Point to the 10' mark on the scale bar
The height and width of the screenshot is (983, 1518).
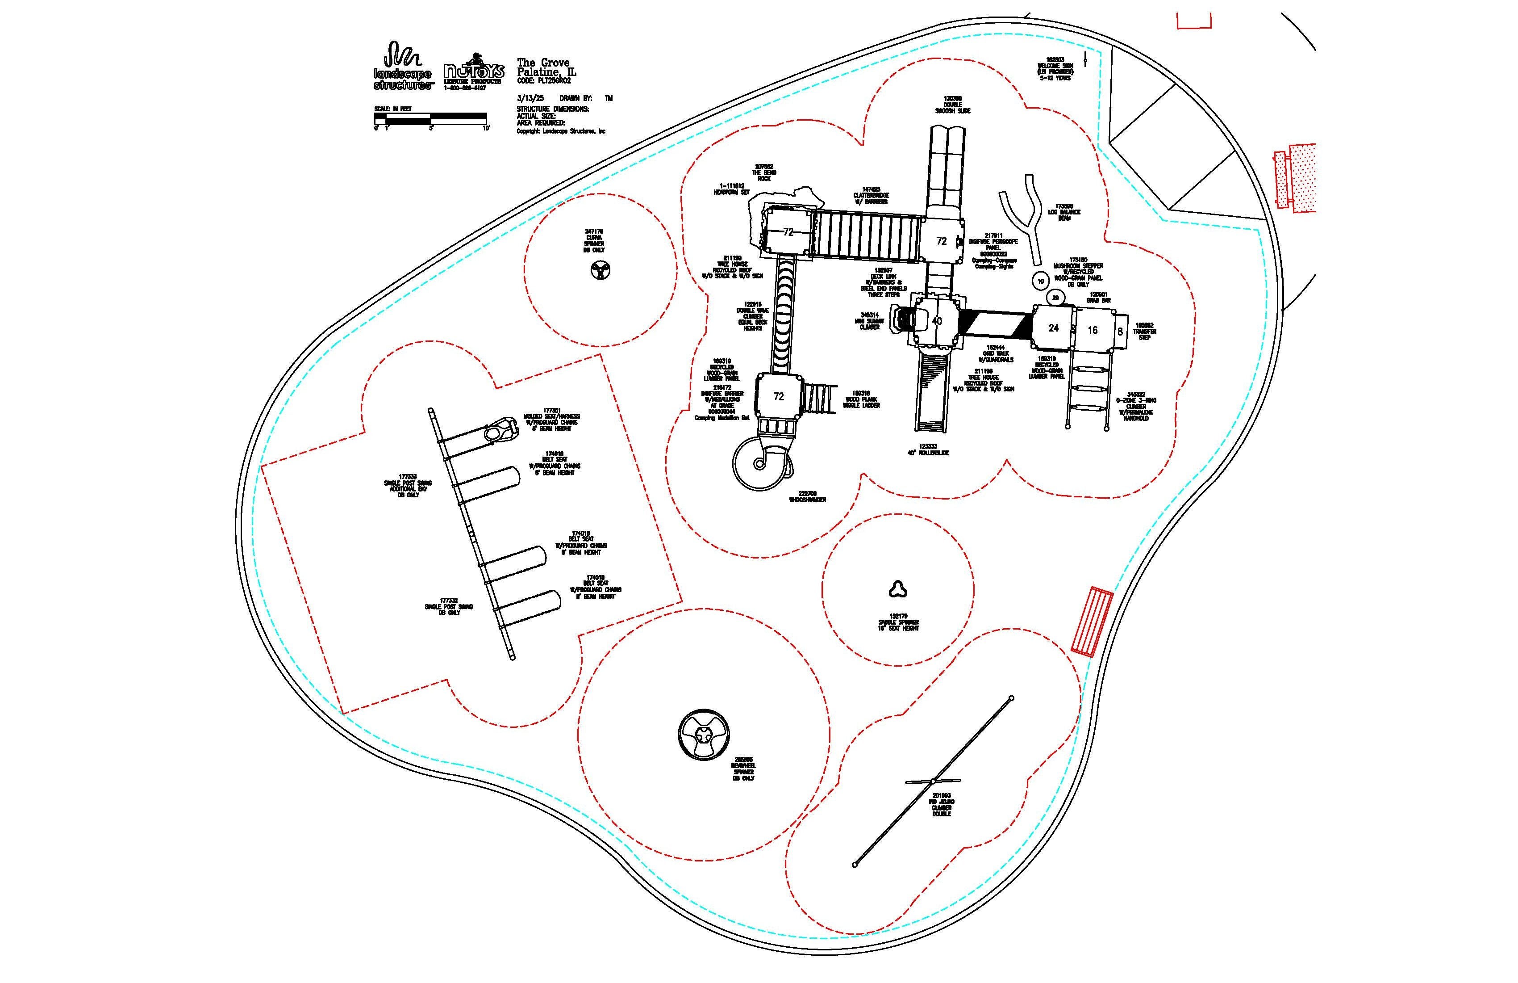point(486,128)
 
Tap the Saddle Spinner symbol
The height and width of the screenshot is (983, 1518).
point(898,589)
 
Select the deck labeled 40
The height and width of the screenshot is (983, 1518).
point(936,321)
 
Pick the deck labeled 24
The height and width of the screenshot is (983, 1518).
point(1053,328)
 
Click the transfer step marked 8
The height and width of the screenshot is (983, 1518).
point(1120,332)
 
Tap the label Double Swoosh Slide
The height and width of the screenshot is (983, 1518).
point(953,105)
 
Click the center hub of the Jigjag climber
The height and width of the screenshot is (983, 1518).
point(933,781)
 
